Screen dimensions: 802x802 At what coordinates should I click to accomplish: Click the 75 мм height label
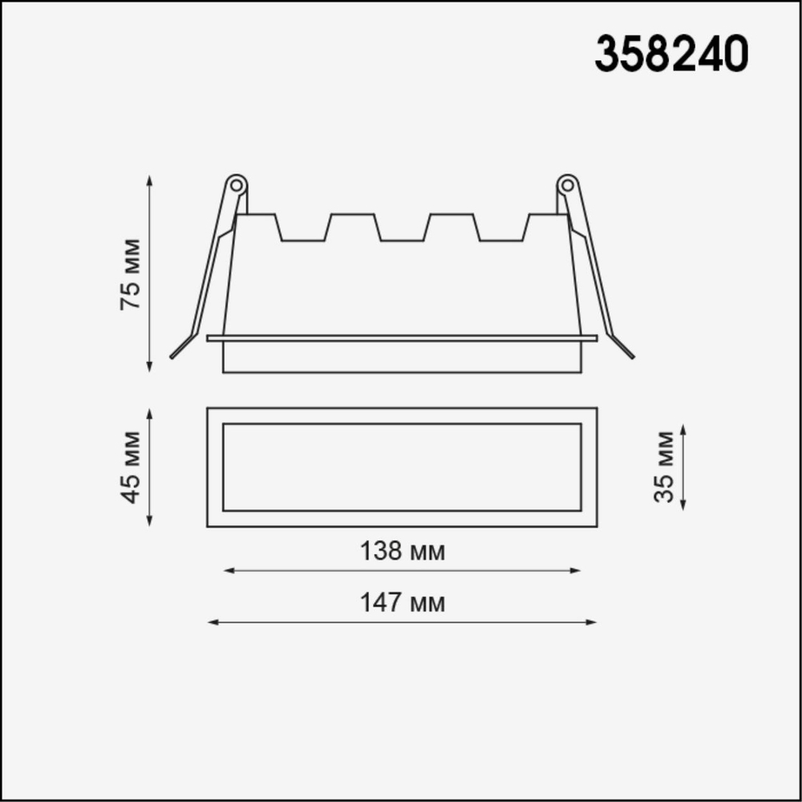[x=130, y=273]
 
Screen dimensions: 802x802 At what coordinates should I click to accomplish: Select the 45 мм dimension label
[x=130, y=468]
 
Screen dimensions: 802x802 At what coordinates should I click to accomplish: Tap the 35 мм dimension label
[x=664, y=467]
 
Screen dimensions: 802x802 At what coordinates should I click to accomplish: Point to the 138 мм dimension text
[x=401, y=552]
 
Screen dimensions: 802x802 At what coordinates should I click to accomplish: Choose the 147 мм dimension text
[x=401, y=602]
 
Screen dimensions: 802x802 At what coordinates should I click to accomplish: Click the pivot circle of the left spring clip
[x=237, y=184]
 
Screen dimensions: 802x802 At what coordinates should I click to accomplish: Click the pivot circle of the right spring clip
[x=567, y=184]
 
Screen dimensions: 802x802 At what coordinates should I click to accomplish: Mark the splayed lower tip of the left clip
[x=173, y=354]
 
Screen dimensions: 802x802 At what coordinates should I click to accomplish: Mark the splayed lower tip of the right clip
[x=630, y=354]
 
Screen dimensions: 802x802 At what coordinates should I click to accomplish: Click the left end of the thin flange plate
[x=210, y=338]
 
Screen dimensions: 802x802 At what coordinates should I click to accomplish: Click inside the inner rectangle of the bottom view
[x=401, y=467]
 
